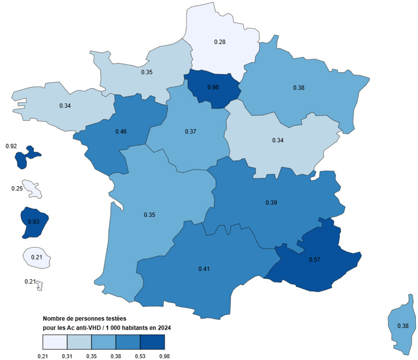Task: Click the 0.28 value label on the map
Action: [x=219, y=42]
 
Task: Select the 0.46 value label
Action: [x=120, y=131]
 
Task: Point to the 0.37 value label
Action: [x=190, y=132]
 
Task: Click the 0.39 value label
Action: [x=271, y=203]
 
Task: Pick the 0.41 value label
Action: [x=203, y=269]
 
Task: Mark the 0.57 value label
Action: [x=314, y=259]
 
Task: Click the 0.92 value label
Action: [x=10, y=145]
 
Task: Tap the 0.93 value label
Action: [x=33, y=221]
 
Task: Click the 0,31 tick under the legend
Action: [x=67, y=355]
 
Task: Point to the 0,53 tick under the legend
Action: [x=140, y=355]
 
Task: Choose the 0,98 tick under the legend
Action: [x=164, y=355]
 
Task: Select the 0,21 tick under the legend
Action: [x=42, y=355]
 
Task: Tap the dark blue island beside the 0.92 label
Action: [x=25, y=156]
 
